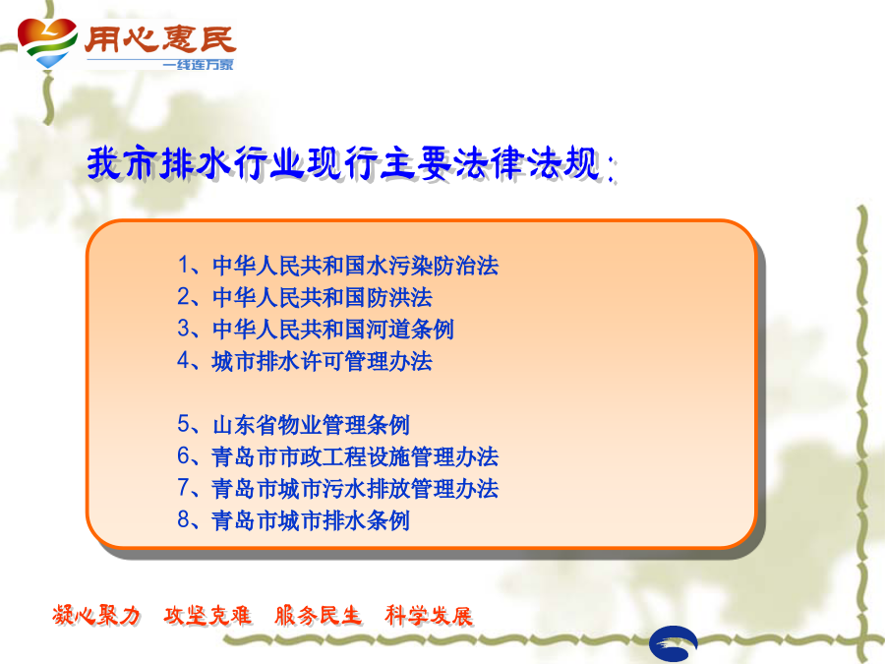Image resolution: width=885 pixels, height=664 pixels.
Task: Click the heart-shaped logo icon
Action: click(47, 42)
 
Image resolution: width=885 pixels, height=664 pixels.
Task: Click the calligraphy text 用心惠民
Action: click(159, 39)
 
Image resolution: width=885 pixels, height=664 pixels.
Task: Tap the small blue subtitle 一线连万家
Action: click(198, 64)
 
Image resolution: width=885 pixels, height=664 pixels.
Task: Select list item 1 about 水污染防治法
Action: click(337, 266)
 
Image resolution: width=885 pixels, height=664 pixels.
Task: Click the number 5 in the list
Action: click(184, 423)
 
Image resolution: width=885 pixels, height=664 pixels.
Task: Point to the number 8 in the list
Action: click(184, 518)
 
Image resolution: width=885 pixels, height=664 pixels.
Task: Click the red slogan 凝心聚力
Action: click(96, 615)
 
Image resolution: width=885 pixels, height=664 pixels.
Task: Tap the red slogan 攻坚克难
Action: click(207, 615)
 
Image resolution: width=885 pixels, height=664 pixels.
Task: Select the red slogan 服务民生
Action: click(318, 615)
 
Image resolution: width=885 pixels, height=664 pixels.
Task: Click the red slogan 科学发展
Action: click(429, 615)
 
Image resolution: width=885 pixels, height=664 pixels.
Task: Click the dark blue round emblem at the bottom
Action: click(674, 643)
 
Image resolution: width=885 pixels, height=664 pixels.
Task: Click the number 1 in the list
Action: click(184, 265)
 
